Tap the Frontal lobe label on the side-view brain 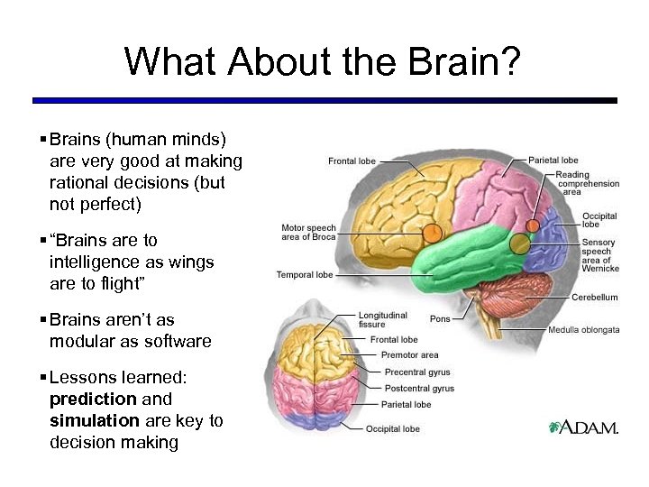pos(352,161)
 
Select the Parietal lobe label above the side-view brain pos(553,161)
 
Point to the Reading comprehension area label pos(587,183)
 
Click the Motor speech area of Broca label pos(308,233)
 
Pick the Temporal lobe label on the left pos(306,275)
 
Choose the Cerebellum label pos(595,297)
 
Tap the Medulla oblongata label pos(583,329)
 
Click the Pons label pos(440,318)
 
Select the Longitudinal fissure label pos(383,320)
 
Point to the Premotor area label pos(409,355)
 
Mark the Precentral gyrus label pos(417,372)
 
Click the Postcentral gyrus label pos(419,388)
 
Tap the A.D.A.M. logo pos(583,427)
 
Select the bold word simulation pos(94,420)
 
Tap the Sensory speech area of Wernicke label pos(599,254)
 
